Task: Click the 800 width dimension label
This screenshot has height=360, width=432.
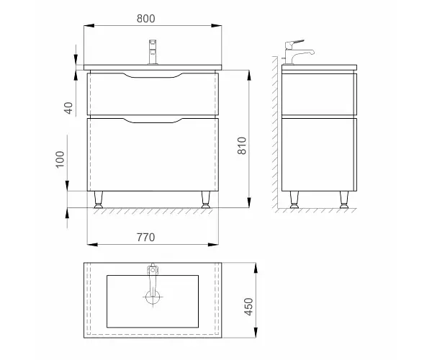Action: (x=145, y=19)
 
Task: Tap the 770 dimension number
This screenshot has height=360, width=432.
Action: (x=145, y=237)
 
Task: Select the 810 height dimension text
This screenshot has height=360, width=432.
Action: (x=242, y=145)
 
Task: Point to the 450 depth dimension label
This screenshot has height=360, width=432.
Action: (x=248, y=307)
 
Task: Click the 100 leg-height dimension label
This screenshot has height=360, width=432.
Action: (x=60, y=159)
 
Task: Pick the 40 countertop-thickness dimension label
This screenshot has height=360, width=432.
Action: (x=68, y=108)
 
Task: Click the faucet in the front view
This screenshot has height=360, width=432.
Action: (x=153, y=52)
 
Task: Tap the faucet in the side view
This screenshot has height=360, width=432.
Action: (x=298, y=52)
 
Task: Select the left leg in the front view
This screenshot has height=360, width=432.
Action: (x=99, y=199)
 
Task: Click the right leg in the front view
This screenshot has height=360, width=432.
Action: (x=206, y=199)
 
